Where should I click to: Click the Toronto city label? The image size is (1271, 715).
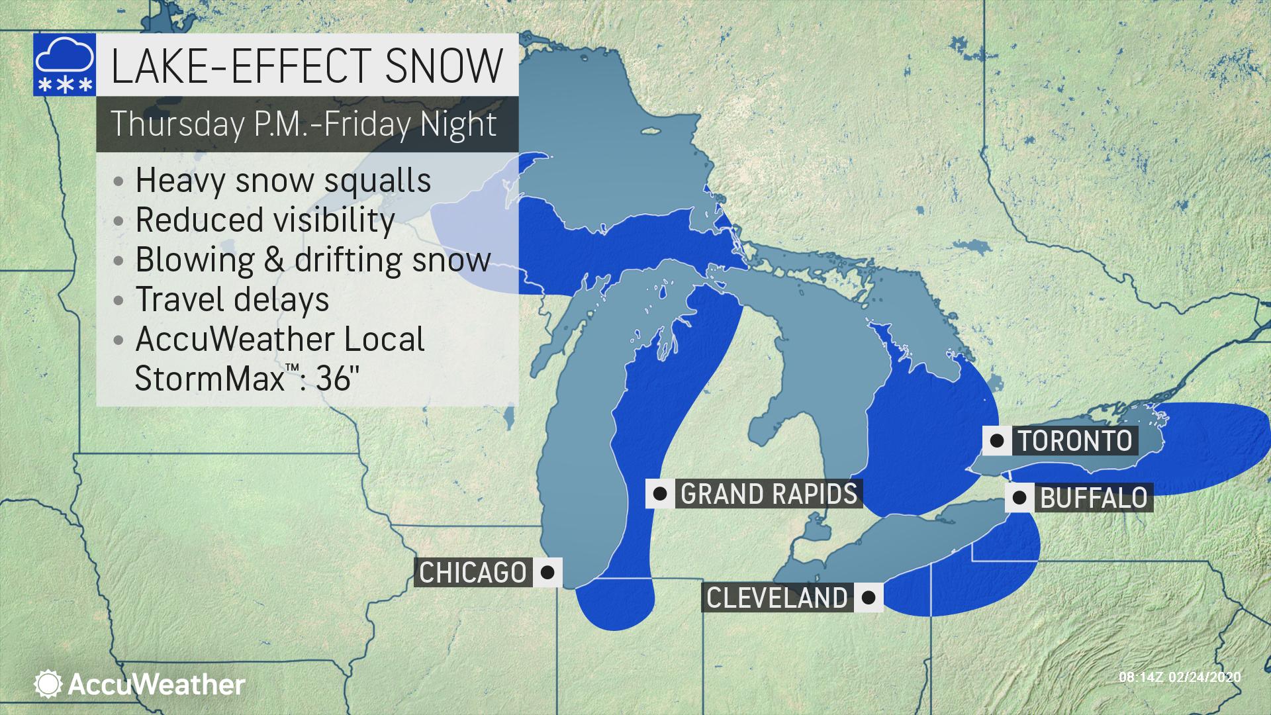1074,440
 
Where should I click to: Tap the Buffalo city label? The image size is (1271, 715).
1094,498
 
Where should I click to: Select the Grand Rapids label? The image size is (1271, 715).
768,494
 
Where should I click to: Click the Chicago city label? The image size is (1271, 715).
473,573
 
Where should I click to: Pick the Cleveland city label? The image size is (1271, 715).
777,598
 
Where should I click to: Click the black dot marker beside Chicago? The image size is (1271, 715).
547,573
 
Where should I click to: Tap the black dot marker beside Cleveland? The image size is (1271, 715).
869,598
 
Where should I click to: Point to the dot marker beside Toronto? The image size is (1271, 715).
996,440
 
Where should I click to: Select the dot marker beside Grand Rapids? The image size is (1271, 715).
659,494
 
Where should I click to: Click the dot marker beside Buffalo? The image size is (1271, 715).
1019,498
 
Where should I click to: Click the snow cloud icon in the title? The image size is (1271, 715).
64,64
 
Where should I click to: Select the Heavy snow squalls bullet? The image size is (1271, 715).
283,180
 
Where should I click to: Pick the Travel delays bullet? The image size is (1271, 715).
232,299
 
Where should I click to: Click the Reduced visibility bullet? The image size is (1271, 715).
265,220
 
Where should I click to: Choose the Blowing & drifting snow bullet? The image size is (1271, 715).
312,260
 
